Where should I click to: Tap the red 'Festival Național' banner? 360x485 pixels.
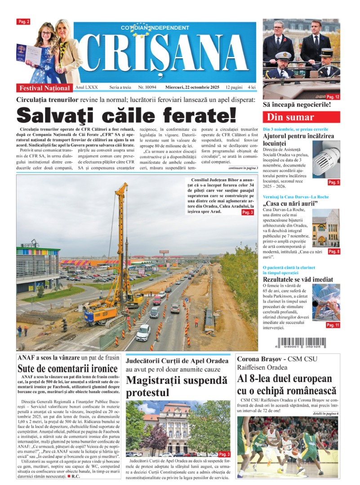(44, 88)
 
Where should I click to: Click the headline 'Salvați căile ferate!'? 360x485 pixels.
(126, 115)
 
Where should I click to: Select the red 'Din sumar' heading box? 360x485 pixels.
(301, 118)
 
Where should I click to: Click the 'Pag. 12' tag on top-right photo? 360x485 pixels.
(333, 97)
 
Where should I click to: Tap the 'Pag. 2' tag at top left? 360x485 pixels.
(23, 22)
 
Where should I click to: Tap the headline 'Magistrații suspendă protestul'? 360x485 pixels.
(176, 386)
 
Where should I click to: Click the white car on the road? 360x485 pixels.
(143, 332)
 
